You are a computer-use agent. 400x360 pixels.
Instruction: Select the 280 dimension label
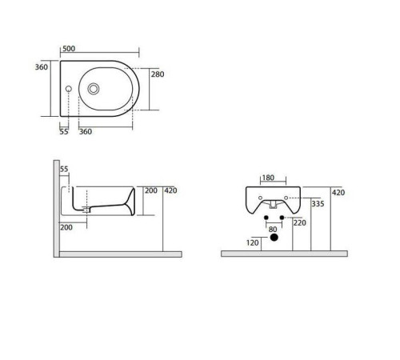158,74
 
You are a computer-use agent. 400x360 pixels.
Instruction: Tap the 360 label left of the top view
42,67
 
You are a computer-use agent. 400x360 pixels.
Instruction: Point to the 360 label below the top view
86,131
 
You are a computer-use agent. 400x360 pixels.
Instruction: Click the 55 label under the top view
64,131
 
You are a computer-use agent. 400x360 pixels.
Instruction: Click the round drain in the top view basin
94,89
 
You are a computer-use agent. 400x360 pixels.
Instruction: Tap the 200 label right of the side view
150,190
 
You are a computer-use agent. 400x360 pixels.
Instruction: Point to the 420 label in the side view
170,190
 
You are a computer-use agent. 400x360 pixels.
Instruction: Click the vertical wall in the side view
56,208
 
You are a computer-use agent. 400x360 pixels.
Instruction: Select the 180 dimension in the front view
268,178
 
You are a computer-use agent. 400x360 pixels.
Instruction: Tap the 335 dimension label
318,205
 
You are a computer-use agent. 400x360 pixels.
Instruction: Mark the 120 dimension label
254,241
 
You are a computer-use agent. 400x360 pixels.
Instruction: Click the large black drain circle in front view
273,239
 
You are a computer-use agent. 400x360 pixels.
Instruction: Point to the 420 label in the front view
338,193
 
